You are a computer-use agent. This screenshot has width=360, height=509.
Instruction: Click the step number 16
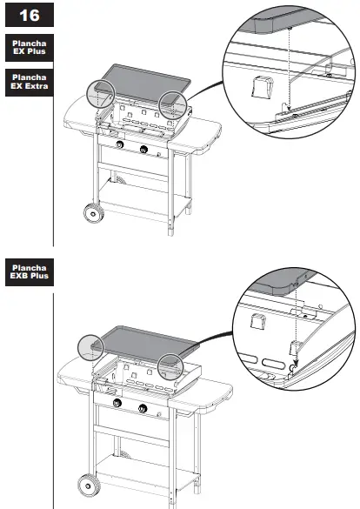(30, 16)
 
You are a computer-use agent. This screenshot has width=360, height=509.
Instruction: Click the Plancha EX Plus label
(30, 47)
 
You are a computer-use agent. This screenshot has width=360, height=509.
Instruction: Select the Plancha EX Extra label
(30, 82)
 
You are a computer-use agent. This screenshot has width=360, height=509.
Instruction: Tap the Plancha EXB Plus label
(30, 272)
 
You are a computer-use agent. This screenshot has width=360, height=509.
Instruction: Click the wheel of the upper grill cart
(94, 213)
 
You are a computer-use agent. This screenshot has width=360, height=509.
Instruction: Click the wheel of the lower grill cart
(89, 486)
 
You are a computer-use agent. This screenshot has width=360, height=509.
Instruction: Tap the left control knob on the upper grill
(120, 144)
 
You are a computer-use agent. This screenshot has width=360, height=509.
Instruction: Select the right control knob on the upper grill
(143, 150)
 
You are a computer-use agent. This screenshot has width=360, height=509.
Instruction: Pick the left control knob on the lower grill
(117, 403)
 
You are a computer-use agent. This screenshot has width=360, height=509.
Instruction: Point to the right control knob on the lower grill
(143, 408)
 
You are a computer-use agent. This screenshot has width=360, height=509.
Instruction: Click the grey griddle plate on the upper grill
(143, 82)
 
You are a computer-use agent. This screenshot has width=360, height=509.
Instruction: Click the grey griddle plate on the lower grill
(144, 344)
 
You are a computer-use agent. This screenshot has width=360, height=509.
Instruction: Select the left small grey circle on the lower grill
(90, 348)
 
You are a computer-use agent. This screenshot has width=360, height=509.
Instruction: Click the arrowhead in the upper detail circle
(289, 108)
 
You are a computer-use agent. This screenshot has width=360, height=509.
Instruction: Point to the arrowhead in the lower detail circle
(296, 362)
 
